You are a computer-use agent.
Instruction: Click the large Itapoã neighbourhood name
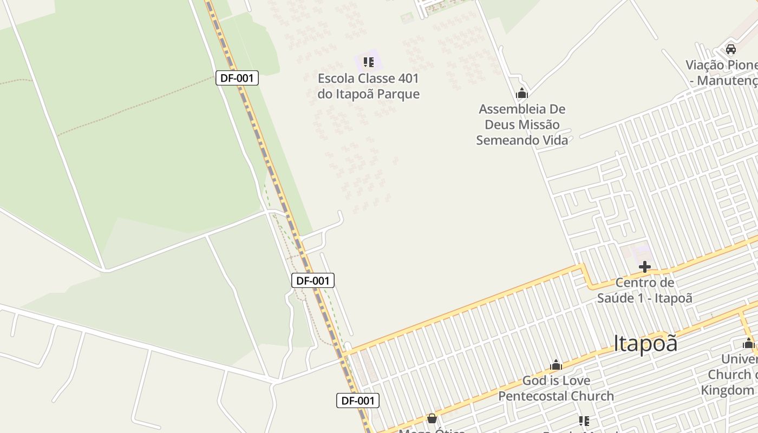[x=645, y=343]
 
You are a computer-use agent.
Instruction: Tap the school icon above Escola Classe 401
[x=369, y=62]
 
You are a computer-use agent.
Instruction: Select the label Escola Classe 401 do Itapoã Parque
[x=368, y=86]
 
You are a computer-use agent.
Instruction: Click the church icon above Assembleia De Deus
[x=522, y=94]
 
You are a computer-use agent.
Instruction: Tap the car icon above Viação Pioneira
[x=730, y=49]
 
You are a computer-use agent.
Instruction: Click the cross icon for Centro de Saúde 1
[x=644, y=266]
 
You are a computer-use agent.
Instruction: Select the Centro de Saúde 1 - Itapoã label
[x=644, y=290]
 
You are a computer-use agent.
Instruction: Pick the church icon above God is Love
[x=556, y=365]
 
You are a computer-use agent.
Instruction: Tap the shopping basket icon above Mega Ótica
[x=432, y=418]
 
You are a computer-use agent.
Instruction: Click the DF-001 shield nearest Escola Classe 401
[x=237, y=78]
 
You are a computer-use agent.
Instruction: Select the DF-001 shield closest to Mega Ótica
[x=358, y=401]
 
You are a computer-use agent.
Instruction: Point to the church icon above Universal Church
[x=749, y=343]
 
